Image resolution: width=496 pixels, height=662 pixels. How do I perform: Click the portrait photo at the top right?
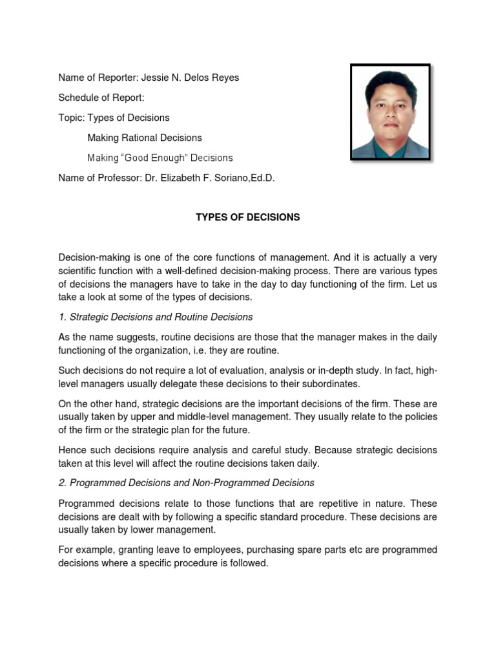point(390,111)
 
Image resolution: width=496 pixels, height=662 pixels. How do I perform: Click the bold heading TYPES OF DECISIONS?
point(248,217)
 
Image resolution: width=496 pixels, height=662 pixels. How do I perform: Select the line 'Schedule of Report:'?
point(101,98)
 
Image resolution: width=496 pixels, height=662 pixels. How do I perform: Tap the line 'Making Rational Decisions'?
point(145,138)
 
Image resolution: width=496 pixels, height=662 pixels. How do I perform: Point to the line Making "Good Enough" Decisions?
point(160,158)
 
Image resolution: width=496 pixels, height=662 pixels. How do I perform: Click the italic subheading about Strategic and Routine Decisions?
point(156,317)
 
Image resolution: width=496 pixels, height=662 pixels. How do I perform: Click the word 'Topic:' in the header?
point(72,118)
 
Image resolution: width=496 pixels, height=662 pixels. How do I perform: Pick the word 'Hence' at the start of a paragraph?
point(71,450)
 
